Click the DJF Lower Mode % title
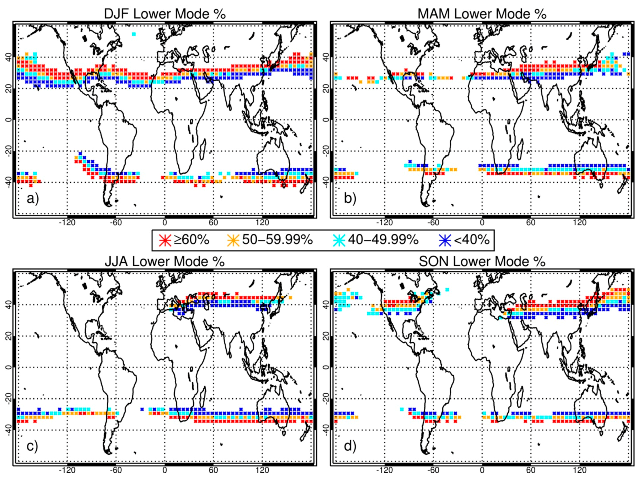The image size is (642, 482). pyautogui.click(x=165, y=14)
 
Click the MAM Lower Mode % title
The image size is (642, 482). pyautogui.click(x=482, y=14)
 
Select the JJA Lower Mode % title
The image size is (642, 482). pyautogui.click(x=165, y=261)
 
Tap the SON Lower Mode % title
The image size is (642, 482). pyautogui.click(x=482, y=261)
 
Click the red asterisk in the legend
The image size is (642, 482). pyautogui.click(x=165, y=240)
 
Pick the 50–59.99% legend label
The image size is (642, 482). pyautogui.click(x=277, y=240)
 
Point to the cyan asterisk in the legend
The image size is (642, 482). pyautogui.click(x=339, y=240)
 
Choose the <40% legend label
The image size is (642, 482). pyautogui.click(x=471, y=240)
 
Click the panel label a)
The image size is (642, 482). pyautogui.click(x=32, y=198)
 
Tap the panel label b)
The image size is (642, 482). pyautogui.click(x=350, y=198)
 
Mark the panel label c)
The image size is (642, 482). pyautogui.click(x=32, y=446)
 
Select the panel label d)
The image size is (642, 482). pyautogui.click(x=350, y=446)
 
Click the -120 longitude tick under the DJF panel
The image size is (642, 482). pyautogui.click(x=67, y=223)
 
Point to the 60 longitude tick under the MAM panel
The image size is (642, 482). pyautogui.click(x=531, y=223)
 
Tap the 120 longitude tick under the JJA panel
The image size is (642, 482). pyautogui.click(x=262, y=470)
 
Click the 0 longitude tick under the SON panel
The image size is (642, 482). pyautogui.click(x=482, y=470)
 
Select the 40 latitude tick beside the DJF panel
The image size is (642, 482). pyautogui.click(x=8, y=57)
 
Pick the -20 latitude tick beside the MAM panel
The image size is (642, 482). pyautogui.click(x=325, y=151)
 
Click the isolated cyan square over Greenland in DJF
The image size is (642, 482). pyautogui.click(x=134, y=34)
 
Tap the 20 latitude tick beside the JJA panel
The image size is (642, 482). pyautogui.click(x=8, y=336)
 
